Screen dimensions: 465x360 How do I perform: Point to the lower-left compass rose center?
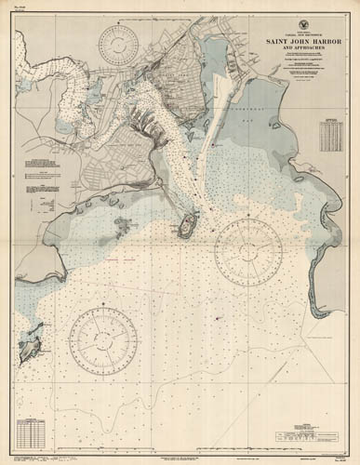(x=102, y=340)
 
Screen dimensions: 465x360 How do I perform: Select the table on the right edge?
(x=329, y=136)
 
